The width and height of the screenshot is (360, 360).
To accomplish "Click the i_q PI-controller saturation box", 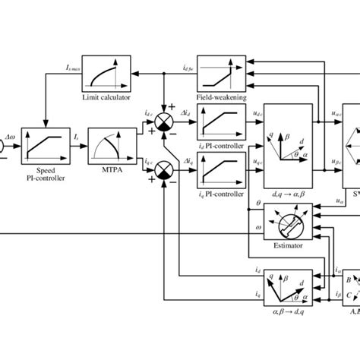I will point(222,169).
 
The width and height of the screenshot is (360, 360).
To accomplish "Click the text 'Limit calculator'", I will point(106,97).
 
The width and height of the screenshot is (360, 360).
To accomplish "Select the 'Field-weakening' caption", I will point(223,96).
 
